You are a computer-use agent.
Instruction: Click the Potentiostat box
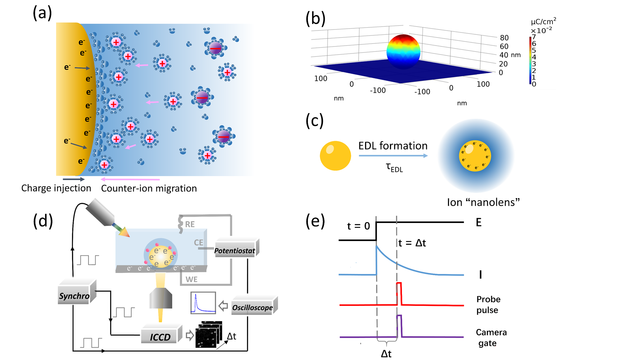[235, 250]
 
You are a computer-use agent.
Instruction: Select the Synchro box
[74, 295]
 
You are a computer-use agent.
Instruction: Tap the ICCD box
[160, 337]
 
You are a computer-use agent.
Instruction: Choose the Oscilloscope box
[252, 308]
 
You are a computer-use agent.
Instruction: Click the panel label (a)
[42, 13]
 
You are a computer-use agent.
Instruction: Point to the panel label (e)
[315, 221]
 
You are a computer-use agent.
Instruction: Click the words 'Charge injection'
[56, 188]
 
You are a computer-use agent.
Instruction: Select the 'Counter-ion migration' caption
[149, 188]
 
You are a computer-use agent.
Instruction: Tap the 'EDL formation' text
[393, 146]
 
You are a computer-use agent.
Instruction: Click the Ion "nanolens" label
[483, 202]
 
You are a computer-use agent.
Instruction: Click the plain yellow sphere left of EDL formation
[335, 156]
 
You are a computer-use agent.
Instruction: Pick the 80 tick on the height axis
[504, 38]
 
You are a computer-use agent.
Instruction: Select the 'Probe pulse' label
[488, 304]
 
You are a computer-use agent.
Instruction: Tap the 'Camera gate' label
[491, 338]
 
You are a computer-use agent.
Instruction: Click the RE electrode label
[190, 224]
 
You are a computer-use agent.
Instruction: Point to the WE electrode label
[191, 279]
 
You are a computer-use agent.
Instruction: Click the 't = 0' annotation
[358, 226]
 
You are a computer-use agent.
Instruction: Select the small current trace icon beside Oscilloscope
[203, 302]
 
